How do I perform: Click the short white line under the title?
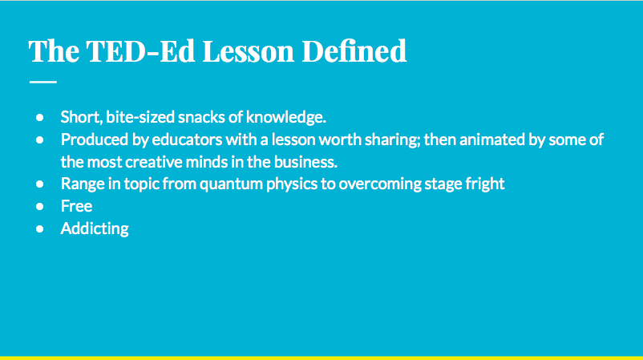pos(42,82)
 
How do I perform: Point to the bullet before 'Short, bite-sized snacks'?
pos(39,117)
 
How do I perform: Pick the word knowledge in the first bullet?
pos(290,117)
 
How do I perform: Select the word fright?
pos(484,184)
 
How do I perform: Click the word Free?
pos(76,206)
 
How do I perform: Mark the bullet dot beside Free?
pos(39,206)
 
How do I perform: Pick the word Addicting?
pos(95,229)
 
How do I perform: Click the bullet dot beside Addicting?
pos(39,229)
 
